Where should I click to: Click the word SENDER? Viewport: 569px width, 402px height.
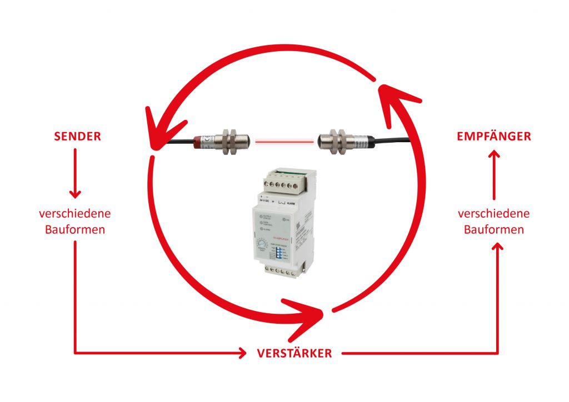(77, 137)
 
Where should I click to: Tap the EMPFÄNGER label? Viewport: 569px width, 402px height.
(493, 137)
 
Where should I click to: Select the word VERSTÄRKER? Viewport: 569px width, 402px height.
(294, 353)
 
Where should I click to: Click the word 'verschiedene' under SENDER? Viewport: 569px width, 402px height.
(74, 214)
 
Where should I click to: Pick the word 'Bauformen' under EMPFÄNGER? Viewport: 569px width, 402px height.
(493, 229)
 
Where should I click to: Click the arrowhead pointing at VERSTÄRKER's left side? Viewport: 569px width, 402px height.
(241, 353)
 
